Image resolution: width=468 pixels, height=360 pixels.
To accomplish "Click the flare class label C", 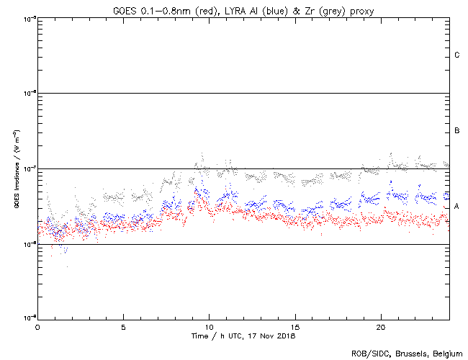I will coord(457,55).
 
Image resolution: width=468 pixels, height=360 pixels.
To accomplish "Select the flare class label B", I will coord(457,131).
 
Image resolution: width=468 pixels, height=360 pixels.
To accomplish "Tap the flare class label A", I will coord(457,206).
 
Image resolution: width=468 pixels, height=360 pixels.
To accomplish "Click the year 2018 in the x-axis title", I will coord(286,336).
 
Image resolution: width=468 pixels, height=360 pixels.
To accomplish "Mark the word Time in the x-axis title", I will coord(200,336).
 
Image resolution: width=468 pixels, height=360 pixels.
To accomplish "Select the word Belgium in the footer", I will coord(447,353).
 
